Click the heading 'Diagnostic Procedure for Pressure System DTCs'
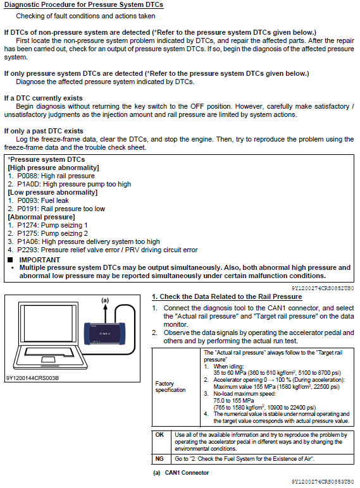pyautogui.click(x=84, y=5)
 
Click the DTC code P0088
pyautogui.click(x=28, y=176)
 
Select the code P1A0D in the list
pyautogui.click(x=28, y=184)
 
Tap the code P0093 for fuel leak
pyautogui.click(x=28, y=201)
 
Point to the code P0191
pyautogui.click(x=28, y=209)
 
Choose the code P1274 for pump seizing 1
pyautogui.click(x=28, y=225)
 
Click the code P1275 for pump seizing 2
pyautogui.click(x=28, y=233)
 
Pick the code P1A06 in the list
pyautogui.click(x=28, y=242)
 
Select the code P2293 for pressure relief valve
pyautogui.click(x=28, y=250)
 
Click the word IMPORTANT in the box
pyautogui.click(x=40, y=260)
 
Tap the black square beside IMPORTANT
pyautogui.click(x=10, y=260)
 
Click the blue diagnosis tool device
pyautogui.click(x=104, y=334)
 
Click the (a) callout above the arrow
pyautogui.click(x=105, y=300)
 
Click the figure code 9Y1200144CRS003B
pyautogui.click(x=32, y=378)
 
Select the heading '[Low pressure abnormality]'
pyautogui.click(x=53, y=192)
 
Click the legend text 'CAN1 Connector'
pyautogui.click(x=187, y=473)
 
